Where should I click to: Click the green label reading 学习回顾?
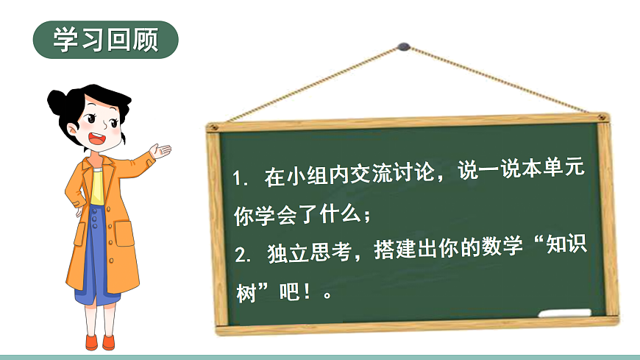click(x=106, y=40)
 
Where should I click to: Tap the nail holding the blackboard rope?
click(x=402, y=46)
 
